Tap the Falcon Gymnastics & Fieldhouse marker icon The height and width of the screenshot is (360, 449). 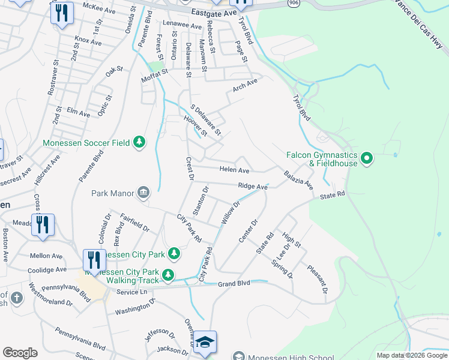[x=367, y=159]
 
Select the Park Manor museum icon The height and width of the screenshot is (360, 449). [x=143, y=193]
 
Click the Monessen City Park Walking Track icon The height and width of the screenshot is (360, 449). [x=169, y=275]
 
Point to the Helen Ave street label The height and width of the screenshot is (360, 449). [x=234, y=170]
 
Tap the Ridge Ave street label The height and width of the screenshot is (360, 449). [x=252, y=187]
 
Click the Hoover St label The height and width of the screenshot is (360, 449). [x=195, y=125]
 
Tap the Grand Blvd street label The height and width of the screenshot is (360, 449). [x=234, y=284]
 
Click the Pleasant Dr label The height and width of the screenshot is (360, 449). [x=318, y=279]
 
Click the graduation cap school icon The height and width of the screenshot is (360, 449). [x=205, y=342]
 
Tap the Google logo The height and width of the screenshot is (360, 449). [x=20, y=353]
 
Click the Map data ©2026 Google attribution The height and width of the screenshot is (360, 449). [x=411, y=355]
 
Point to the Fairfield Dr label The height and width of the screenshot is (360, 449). [x=135, y=222]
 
